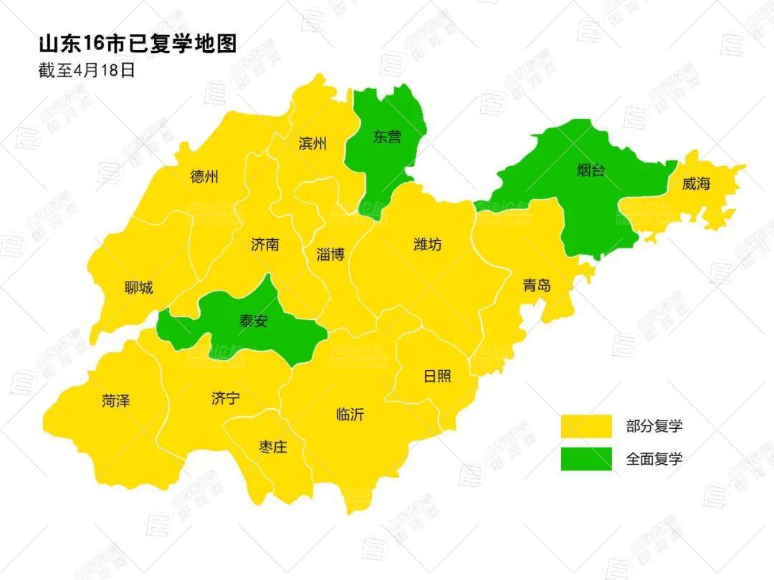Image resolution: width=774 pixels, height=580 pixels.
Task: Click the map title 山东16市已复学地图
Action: [x=138, y=44]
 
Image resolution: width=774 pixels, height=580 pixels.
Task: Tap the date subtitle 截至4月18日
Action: [x=87, y=70]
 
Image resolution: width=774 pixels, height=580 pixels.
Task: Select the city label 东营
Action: [x=388, y=137]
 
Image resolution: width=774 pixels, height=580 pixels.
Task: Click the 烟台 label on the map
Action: [x=591, y=170]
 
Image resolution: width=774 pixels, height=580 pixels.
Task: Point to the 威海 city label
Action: [x=696, y=183]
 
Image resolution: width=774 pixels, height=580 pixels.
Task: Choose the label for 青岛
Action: [x=537, y=285]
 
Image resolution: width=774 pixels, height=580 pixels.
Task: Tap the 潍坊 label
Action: [x=428, y=244]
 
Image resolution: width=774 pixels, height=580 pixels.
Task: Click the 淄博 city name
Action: [x=330, y=254]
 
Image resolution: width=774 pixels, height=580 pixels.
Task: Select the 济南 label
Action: [x=265, y=244]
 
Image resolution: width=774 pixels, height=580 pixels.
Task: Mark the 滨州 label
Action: [x=312, y=143]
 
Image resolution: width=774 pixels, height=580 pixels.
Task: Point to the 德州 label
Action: [x=204, y=177]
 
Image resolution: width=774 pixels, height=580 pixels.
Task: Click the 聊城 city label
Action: [x=138, y=288]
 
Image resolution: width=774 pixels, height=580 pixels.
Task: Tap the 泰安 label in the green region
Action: [x=253, y=321]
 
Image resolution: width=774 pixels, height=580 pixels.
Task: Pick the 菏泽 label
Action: [x=116, y=401]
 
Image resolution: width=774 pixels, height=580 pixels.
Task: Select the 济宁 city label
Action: [x=225, y=399]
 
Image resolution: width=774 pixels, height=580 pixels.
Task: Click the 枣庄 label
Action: [x=272, y=448]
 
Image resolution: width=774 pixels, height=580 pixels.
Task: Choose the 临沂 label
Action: [x=350, y=414]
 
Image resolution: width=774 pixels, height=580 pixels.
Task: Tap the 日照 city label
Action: [x=437, y=375]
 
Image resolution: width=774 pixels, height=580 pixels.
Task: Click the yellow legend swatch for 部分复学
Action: [x=586, y=426]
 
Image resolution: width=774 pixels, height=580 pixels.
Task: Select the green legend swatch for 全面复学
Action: [x=586, y=459]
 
